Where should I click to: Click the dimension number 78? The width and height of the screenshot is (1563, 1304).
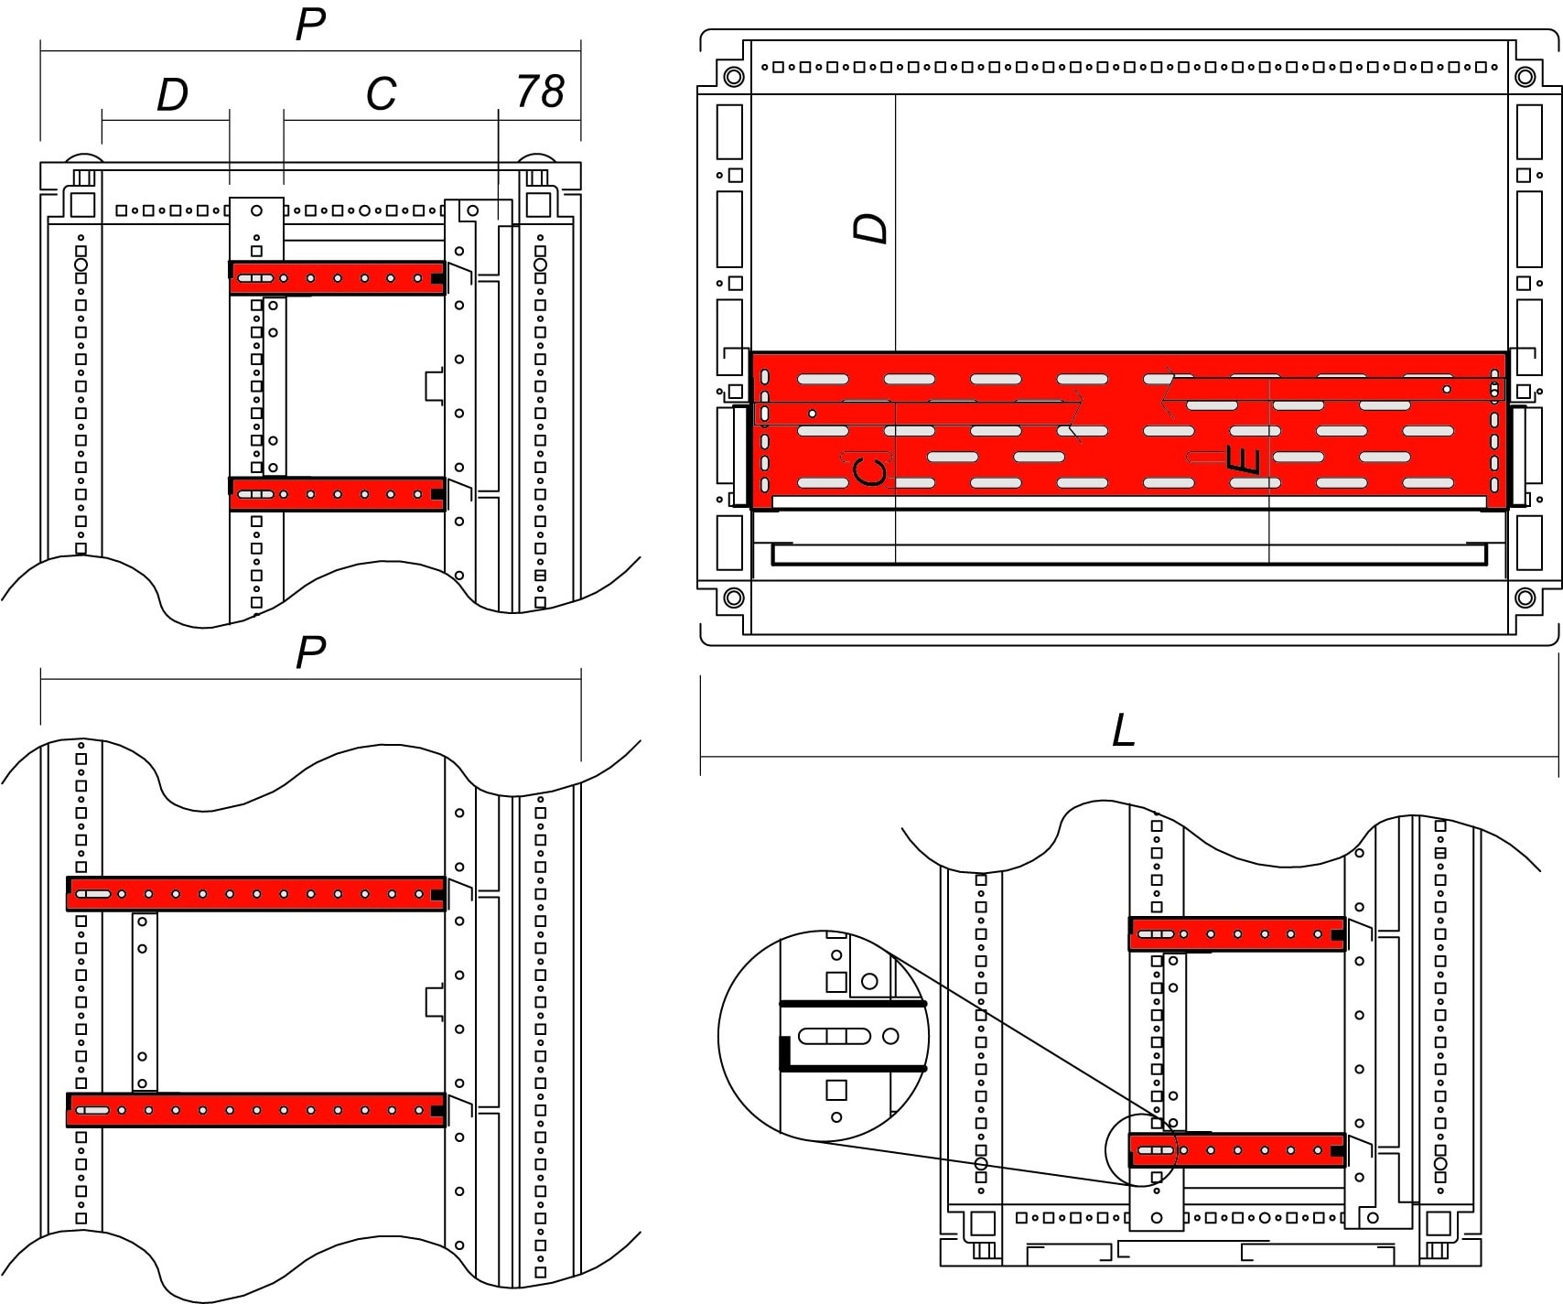click(x=540, y=92)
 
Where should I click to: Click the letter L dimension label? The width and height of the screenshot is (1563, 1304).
click(x=1123, y=731)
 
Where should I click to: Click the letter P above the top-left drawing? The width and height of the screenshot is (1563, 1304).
click(x=310, y=26)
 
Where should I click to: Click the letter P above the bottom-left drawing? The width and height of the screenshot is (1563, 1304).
click(x=310, y=652)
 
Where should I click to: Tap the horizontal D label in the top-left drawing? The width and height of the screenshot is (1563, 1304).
click(x=172, y=94)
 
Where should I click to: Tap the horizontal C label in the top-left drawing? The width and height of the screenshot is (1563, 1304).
click(x=381, y=93)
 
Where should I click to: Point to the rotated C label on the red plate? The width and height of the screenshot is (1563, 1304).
click(x=869, y=470)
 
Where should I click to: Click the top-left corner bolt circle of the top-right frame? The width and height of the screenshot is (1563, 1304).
click(x=733, y=76)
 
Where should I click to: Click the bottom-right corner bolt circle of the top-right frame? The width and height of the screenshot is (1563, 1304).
click(x=1525, y=598)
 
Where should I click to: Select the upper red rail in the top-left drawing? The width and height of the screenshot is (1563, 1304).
click(x=337, y=278)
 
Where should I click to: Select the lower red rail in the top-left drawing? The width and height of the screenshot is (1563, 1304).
click(x=337, y=494)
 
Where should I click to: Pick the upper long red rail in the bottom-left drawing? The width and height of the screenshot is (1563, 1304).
click(x=256, y=894)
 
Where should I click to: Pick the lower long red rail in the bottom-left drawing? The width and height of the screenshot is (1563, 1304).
click(x=256, y=1110)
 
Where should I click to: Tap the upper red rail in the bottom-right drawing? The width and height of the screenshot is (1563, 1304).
click(x=1236, y=934)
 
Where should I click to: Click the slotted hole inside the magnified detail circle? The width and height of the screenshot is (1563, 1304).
click(x=834, y=1036)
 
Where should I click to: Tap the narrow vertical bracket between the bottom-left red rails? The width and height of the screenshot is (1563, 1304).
click(x=144, y=1001)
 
